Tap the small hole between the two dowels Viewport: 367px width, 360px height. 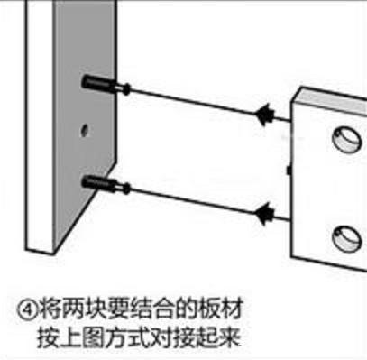[x=85, y=129]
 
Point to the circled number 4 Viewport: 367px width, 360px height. [x=26, y=305]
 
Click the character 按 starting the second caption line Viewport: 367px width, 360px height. [x=48, y=337]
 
